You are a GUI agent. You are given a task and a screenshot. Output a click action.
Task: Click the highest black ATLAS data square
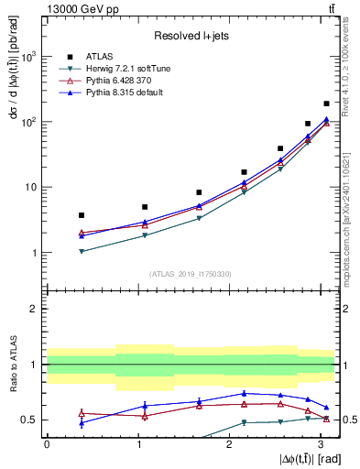(x=326, y=104)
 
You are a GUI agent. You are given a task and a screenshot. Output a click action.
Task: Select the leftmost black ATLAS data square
(x=82, y=215)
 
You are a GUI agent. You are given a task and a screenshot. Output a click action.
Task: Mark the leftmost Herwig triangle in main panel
(x=82, y=251)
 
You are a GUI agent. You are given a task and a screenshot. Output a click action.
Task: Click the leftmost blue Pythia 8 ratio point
(x=82, y=423)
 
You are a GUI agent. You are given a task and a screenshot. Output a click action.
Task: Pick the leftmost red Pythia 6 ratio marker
(x=82, y=413)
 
